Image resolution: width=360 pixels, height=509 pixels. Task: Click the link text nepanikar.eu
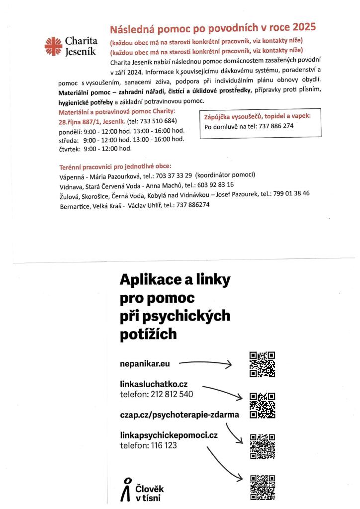tap(145, 364)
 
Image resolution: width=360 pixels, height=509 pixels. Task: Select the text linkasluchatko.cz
tap(154, 384)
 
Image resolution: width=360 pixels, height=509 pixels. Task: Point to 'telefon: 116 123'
tap(149, 445)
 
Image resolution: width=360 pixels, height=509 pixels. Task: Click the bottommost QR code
tap(262, 487)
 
